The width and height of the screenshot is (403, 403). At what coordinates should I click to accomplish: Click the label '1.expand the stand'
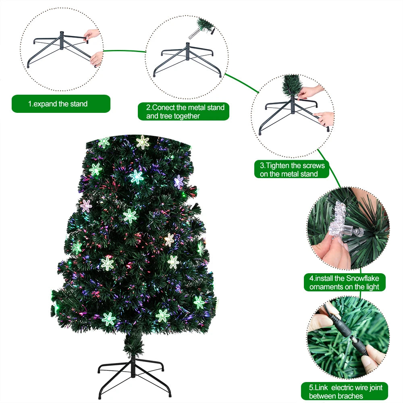click(x=60, y=104)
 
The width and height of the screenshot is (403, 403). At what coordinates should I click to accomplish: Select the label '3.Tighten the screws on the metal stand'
click(x=292, y=170)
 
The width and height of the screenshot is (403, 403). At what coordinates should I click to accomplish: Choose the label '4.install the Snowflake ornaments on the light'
click(x=344, y=283)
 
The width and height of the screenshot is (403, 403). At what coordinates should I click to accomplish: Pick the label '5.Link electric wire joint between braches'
click(x=345, y=392)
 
